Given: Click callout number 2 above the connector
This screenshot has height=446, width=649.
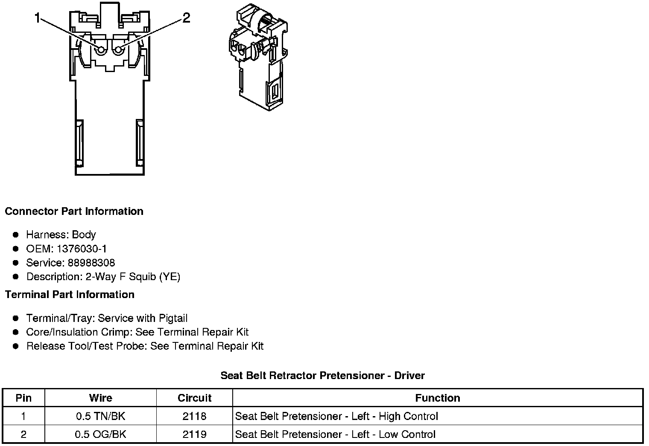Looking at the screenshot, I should coord(186,18).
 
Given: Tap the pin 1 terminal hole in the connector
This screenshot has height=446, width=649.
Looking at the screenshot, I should coord(101,50).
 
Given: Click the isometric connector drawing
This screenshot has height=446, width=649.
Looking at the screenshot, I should coord(257,58).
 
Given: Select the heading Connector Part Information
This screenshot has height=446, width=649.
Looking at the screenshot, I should coord(74,211).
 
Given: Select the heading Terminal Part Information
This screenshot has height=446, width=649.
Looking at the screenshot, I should coord(70,295).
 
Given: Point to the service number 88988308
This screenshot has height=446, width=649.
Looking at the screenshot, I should coord(91,263).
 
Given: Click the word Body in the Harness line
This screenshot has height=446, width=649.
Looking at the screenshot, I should coord(84,235).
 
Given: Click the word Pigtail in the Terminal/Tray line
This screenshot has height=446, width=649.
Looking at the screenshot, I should coord(173,319).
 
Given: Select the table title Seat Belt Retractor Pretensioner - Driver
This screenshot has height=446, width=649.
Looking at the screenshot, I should coord(322,376).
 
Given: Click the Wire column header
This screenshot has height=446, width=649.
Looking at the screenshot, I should coord(101,398).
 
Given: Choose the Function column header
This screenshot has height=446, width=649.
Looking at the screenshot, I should coord(438,398).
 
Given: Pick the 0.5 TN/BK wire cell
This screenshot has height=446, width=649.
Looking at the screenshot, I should coord(101,416).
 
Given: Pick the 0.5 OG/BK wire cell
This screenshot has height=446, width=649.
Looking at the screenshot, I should coord(101,434).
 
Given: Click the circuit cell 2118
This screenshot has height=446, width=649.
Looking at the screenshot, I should coord(194,416).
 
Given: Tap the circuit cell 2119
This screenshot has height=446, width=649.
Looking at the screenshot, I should coord(194,434).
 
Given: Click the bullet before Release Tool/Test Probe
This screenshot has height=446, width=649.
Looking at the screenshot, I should coord(16,346).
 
